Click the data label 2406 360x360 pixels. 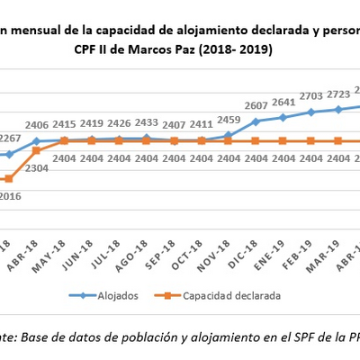[x=37, y=125]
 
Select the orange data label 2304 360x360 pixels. [x=37, y=167]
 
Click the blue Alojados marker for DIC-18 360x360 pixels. [x=256, y=121]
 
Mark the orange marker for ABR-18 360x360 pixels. [x=37, y=151]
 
